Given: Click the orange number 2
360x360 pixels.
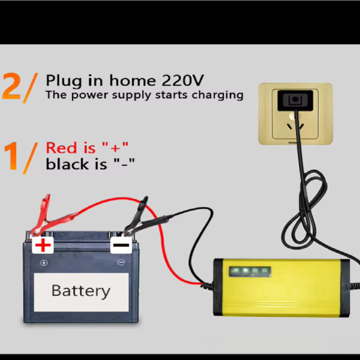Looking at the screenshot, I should [x=14, y=86].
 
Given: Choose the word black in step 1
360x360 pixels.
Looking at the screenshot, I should [x=65, y=164].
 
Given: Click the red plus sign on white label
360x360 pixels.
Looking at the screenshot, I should [x=43, y=245].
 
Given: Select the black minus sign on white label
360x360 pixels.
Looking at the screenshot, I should [x=120, y=245].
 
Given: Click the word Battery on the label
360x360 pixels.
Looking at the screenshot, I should [x=81, y=291].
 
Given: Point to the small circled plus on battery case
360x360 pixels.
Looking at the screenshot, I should [x=43, y=263].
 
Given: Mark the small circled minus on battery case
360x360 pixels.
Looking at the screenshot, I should [x=121, y=263].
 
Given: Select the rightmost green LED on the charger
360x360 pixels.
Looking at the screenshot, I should [x=265, y=271].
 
